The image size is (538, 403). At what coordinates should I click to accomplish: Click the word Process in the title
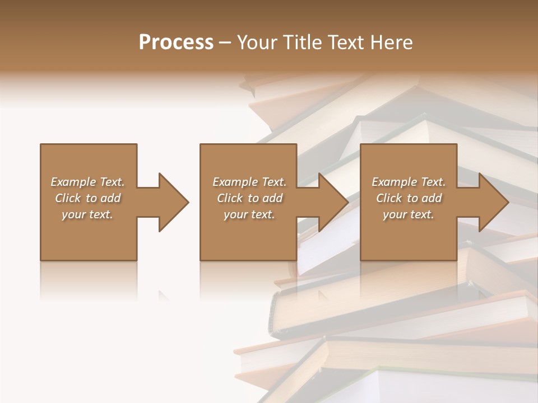point(176,43)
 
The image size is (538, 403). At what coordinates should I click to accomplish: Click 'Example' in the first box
point(73,182)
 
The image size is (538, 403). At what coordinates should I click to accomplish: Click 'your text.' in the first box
point(87,214)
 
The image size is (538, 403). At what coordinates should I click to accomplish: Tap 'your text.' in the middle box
point(249,214)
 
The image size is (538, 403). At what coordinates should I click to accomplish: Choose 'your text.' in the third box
point(408,214)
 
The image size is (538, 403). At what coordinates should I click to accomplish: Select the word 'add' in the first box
point(111,198)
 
